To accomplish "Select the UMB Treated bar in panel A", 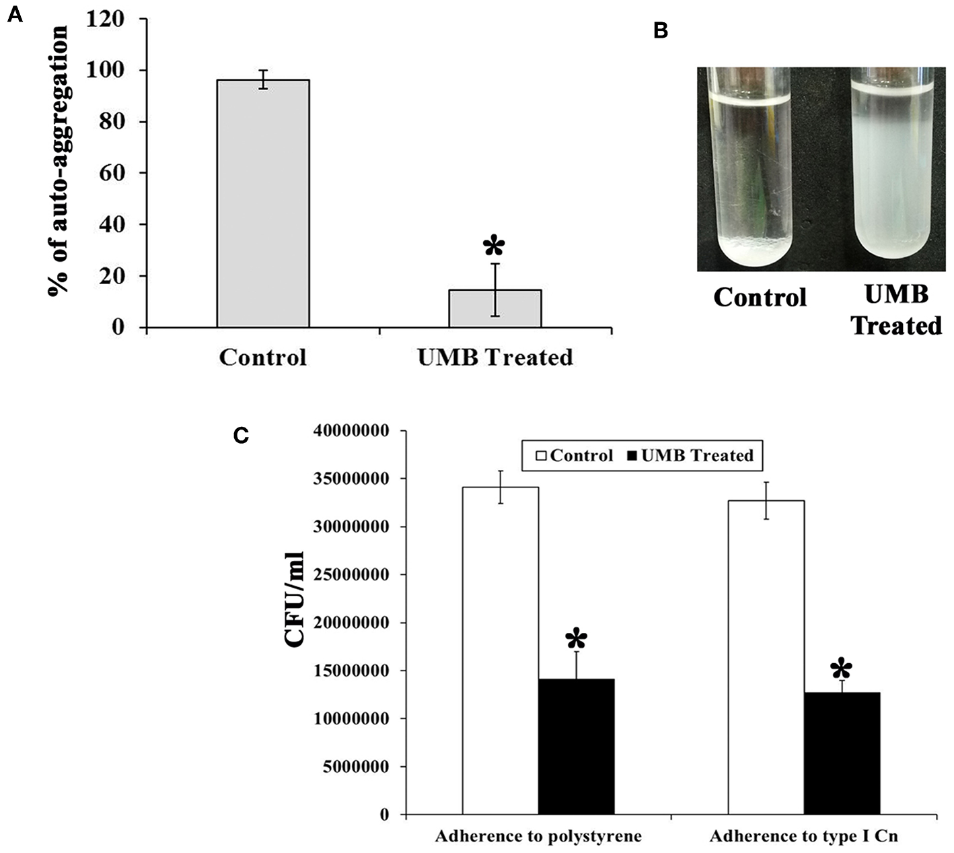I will pos(495,308).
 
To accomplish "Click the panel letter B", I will pos(661,31).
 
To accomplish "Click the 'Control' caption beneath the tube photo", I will pos(760,297).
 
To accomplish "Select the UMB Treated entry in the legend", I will pos(690,456).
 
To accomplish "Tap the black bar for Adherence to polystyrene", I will pos(576,747).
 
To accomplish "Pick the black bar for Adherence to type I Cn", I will pos(842,753).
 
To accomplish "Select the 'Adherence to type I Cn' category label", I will pos(803,837).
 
